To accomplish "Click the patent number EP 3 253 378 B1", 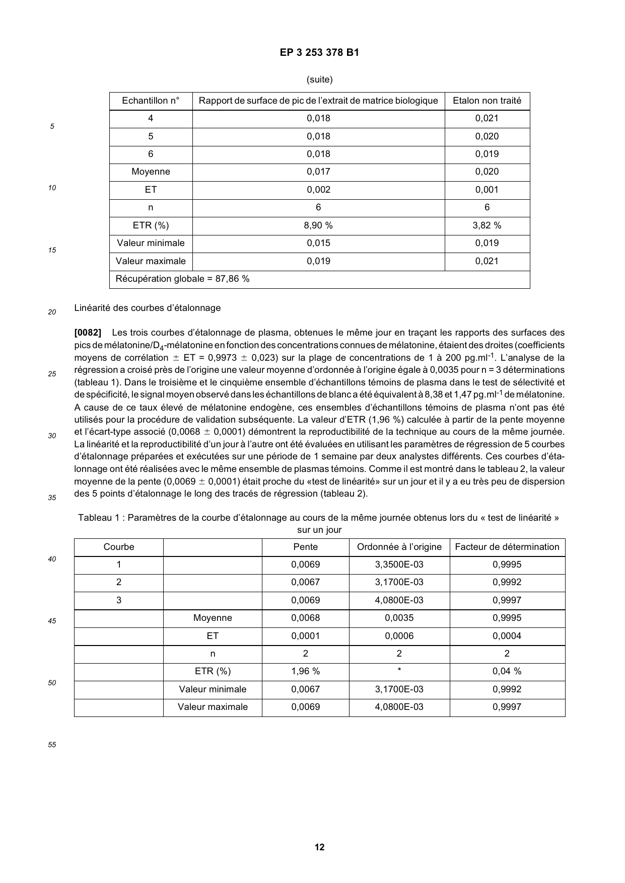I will tap(319, 52).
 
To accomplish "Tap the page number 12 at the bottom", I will tap(319, 847).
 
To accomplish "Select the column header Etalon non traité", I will tap(487, 101).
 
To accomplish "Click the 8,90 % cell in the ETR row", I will tap(318, 225).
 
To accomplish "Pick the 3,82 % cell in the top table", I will tap(487, 225).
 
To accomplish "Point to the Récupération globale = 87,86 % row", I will tap(182, 279).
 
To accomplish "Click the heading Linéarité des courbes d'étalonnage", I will tap(147, 308).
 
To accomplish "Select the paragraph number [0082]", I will tap(88, 333).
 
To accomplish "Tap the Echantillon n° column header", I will tap(151, 101).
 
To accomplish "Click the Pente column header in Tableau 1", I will tap(305, 547).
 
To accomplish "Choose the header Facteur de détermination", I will tap(507, 547).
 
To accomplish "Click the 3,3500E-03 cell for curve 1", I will tap(399, 565).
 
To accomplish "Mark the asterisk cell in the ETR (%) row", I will tap(399, 671).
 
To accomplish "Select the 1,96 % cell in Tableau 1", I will tap(305, 671).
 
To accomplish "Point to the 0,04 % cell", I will tap(507, 671).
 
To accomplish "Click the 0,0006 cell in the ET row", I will tap(399, 636).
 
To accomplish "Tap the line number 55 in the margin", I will tap(52, 745).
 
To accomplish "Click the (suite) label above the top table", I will tap(319, 79).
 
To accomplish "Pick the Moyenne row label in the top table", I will tap(151, 172).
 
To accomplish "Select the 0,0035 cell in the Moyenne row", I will tap(399, 618).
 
